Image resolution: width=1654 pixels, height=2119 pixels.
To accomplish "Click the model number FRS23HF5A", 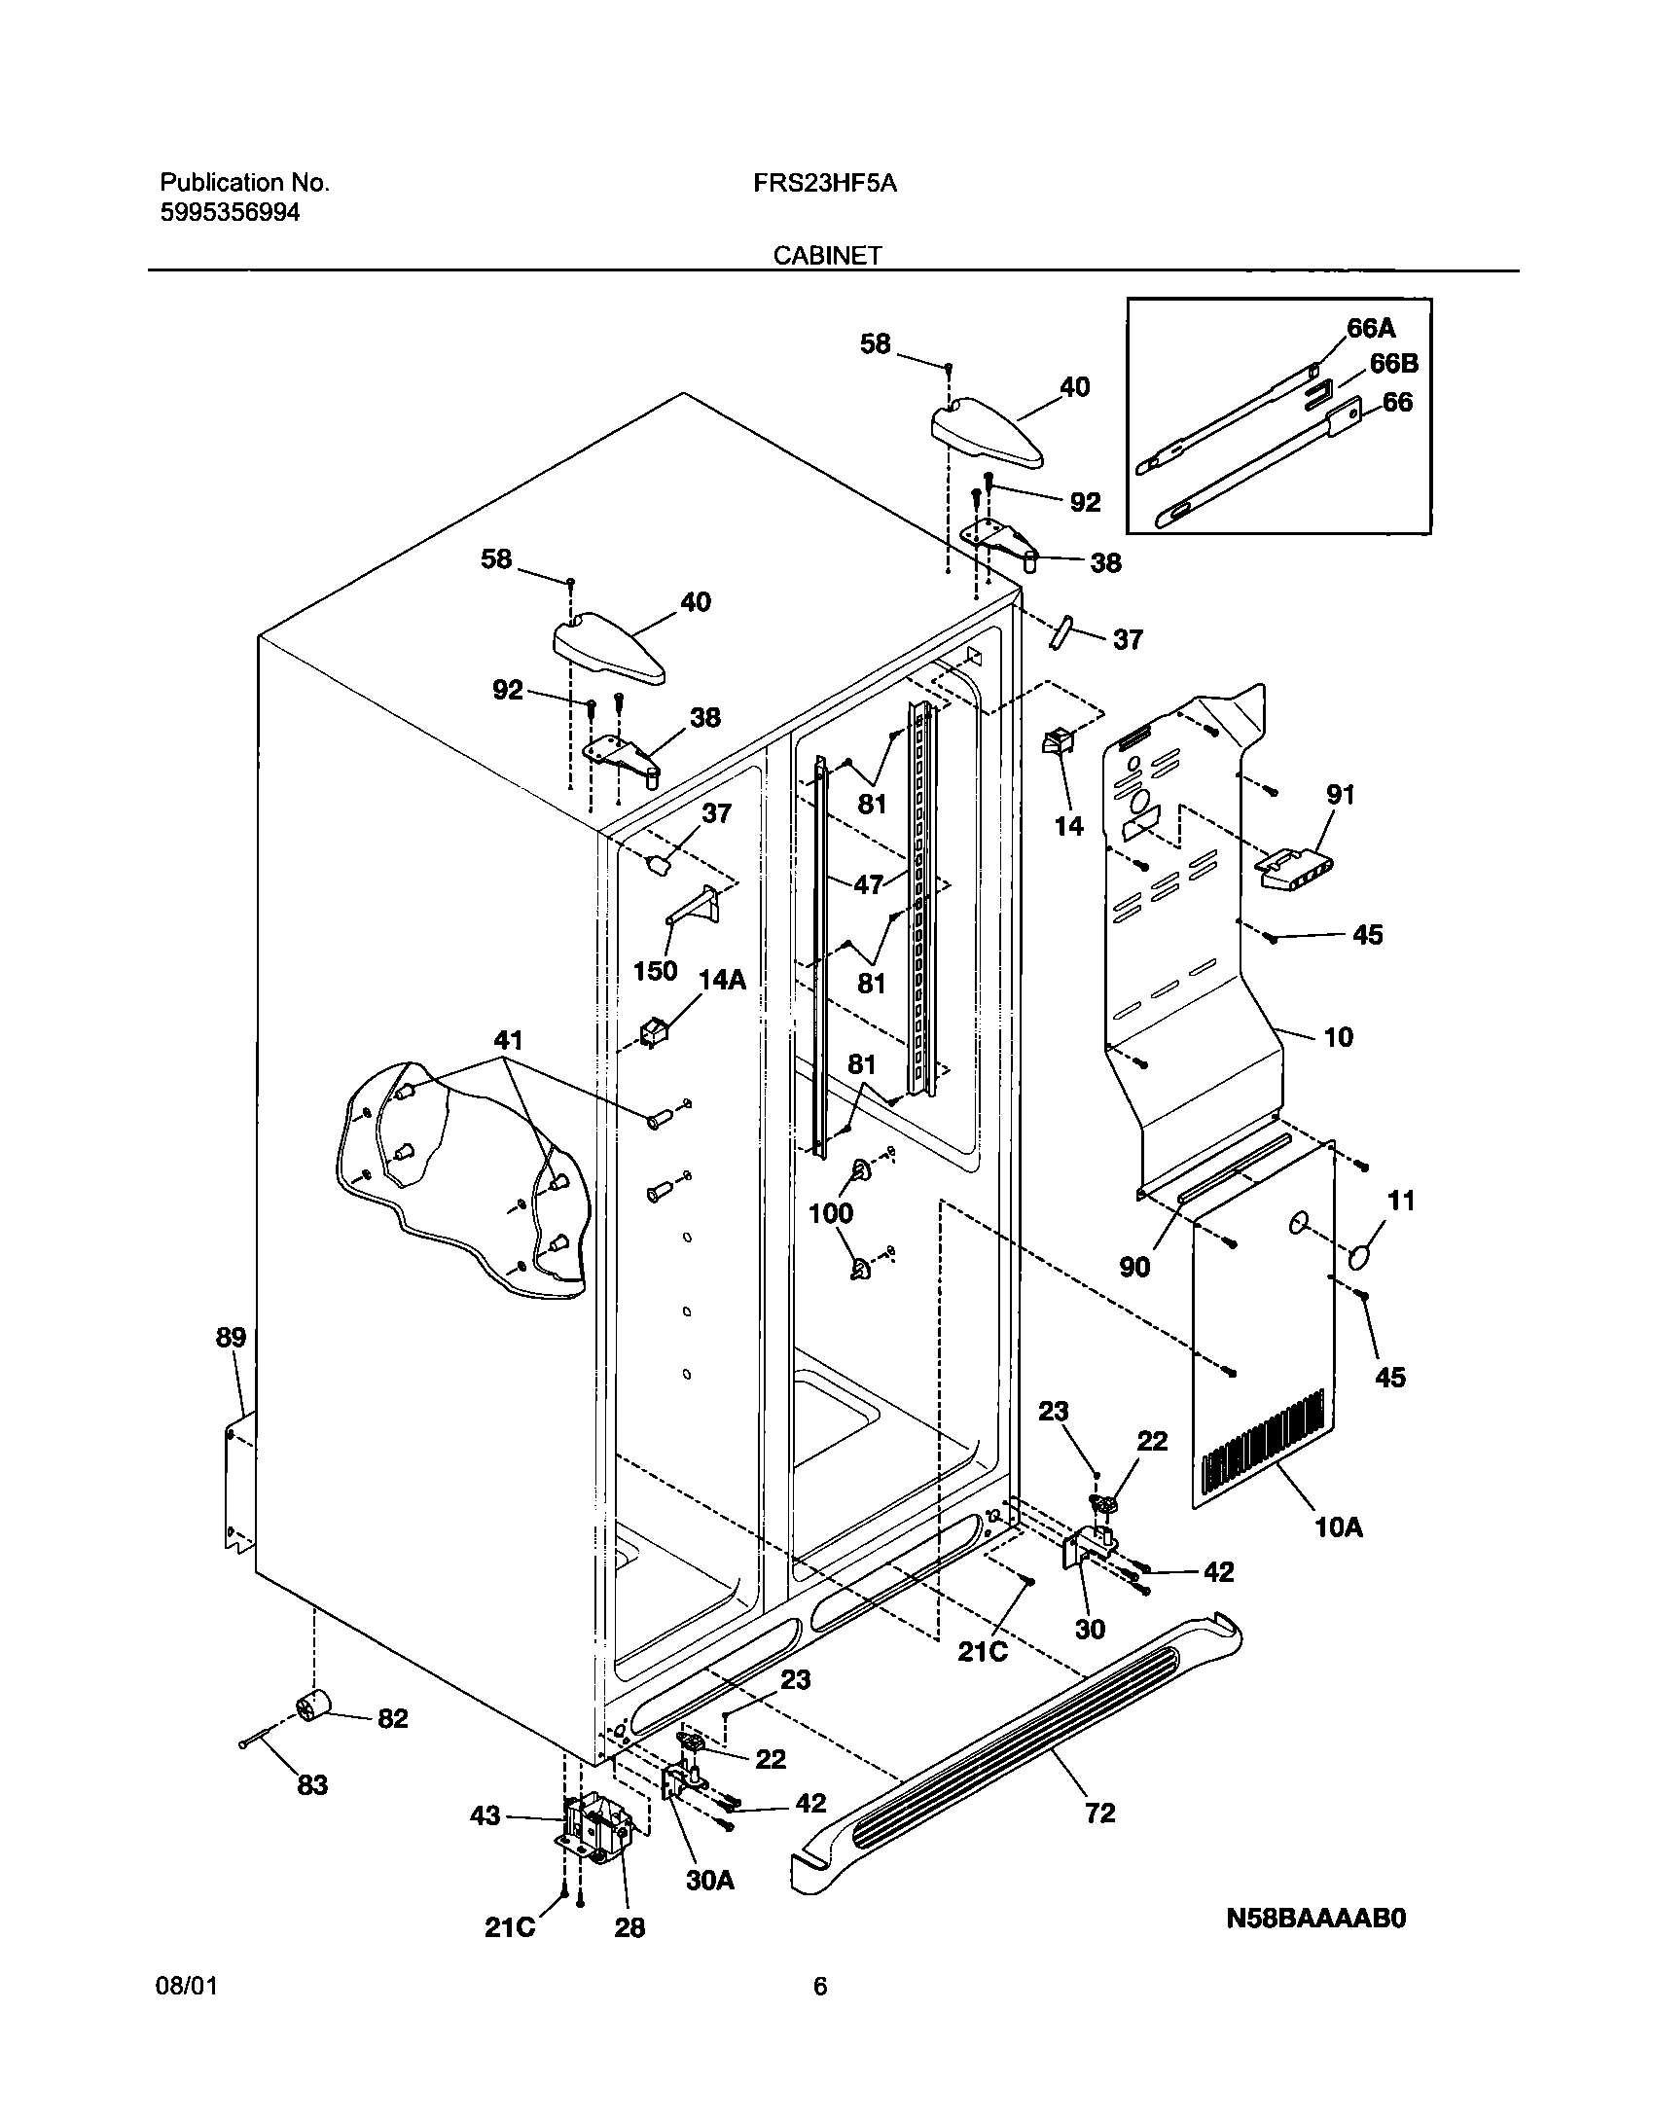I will pyautogui.click(x=824, y=183).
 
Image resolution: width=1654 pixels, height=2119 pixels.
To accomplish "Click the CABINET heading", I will pyautogui.click(x=827, y=255).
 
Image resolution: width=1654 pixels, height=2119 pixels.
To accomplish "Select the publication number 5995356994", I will pyautogui.click(x=230, y=212).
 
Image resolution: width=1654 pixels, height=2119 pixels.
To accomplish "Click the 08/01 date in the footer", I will pyautogui.click(x=186, y=2013).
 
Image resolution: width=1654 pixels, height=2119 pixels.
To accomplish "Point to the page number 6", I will pyautogui.click(x=820, y=2013).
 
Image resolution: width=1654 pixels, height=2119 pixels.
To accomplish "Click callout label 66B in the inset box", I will pyautogui.click(x=1393, y=364).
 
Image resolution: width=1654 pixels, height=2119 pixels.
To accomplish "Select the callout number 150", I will pyautogui.click(x=655, y=971).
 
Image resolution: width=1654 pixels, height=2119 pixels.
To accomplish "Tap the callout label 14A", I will pyautogui.click(x=721, y=980).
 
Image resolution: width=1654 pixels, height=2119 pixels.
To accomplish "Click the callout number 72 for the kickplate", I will pyautogui.click(x=1099, y=1813).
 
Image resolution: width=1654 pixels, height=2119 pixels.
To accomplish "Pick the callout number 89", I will pyautogui.click(x=231, y=1338).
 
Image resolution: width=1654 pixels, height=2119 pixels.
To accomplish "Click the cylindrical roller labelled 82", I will pyautogui.click(x=313, y=1706).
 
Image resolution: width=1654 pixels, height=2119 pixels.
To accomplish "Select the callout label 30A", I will pyautogui.click(x=709, y=1881).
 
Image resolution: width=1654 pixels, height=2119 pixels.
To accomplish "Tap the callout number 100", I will pyautogui.click(x=831, y=1213).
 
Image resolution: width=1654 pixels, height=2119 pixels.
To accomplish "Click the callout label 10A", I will pyautogui.click(x=1339, y=1528).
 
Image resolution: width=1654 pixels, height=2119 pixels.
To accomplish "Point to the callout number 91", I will pyautogui.click(x=1340, y=795).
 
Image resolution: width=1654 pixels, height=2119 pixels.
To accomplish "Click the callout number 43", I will pyautogui.click(x=485, y=1815).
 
